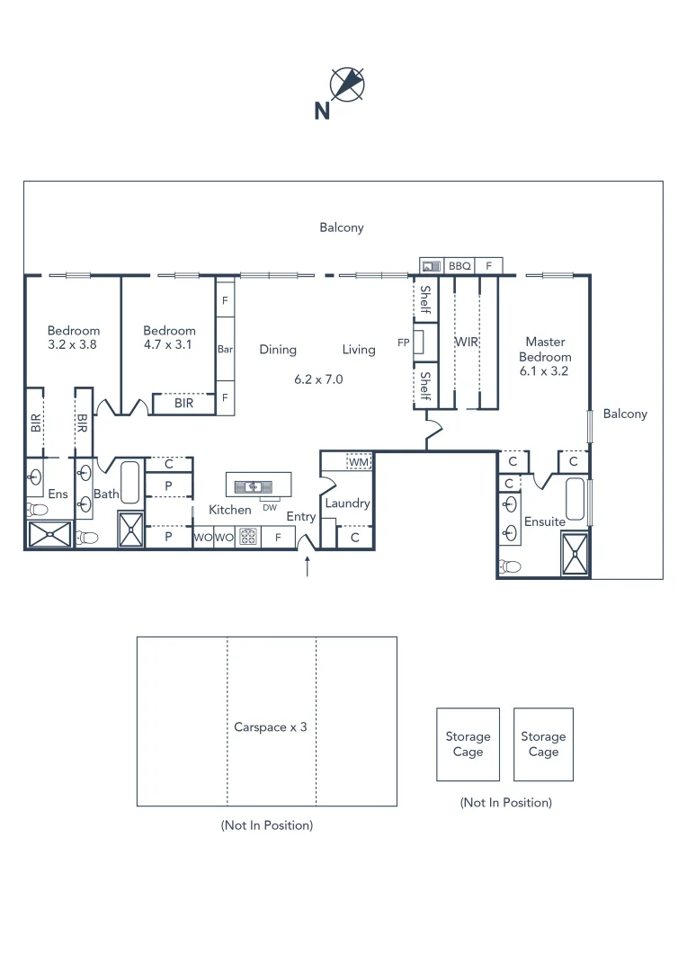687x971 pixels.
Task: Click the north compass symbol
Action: point(347,84)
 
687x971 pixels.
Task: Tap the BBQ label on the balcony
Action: point(459,266)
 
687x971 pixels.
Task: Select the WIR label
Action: point(466,343)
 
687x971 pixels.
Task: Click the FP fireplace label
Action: point(404,343)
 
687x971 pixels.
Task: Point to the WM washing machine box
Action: point(359,461)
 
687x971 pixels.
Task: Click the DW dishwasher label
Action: point(270,507)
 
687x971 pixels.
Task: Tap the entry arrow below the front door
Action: point(308,566)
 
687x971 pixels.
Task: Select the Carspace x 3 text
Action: point(270,726)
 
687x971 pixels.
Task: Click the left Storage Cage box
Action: point(468,744)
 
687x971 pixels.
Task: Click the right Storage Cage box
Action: point(543,744)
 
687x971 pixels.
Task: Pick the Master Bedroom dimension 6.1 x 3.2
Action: point(545,370)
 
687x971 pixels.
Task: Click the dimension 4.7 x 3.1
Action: point(169,344)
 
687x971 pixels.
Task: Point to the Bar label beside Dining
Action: point(225,349)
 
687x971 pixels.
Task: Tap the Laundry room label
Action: point(347,503)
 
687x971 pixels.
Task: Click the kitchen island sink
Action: point(254,487)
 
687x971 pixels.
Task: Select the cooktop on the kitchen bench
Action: point(248,538)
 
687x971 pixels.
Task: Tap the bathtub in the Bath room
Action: point(129,483)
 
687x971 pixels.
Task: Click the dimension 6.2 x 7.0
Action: point(318,379)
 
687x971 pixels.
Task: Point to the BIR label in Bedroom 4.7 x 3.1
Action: point(183,404)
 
